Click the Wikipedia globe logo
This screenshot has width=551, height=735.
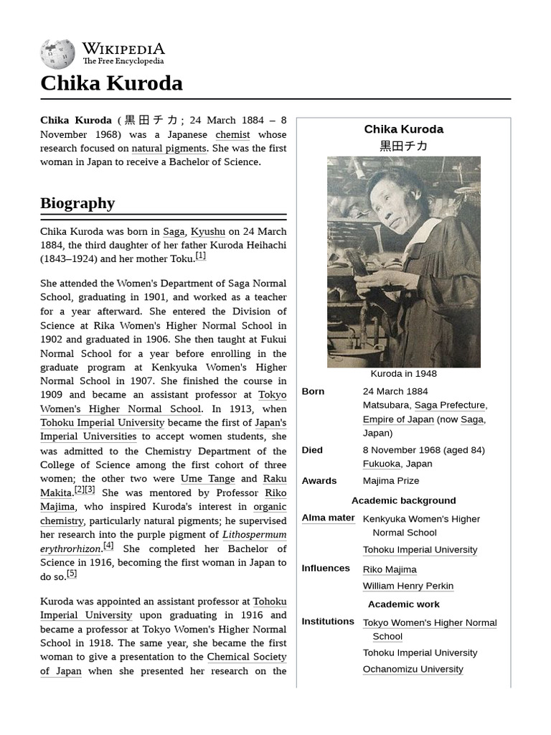pos(57,54)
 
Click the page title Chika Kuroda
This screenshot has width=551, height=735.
pos(111,83)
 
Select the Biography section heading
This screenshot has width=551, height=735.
pos(77,203)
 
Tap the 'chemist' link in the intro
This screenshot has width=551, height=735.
pos(232,134)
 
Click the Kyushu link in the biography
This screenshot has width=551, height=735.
pos(207,231)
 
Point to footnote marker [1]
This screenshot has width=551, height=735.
pos(201,256)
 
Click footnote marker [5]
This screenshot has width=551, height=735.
pos(72,574)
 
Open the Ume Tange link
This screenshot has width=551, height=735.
pos(207,479)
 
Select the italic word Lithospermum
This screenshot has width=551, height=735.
pos(254,535)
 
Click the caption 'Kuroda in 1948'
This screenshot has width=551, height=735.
pos(403,374)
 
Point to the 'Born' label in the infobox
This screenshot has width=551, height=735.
pos(313,391)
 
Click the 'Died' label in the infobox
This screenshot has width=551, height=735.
pos(312,450)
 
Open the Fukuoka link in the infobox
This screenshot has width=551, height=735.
pos(381,464)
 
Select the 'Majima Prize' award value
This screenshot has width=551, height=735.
pos(391,481)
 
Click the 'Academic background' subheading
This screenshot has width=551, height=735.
pos(403,500)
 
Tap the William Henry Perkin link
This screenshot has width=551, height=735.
pos(408,586)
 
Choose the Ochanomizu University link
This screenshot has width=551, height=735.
pos(413,669)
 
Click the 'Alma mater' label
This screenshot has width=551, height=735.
pos(328,518)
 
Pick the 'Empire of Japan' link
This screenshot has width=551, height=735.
pos(398,419)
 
